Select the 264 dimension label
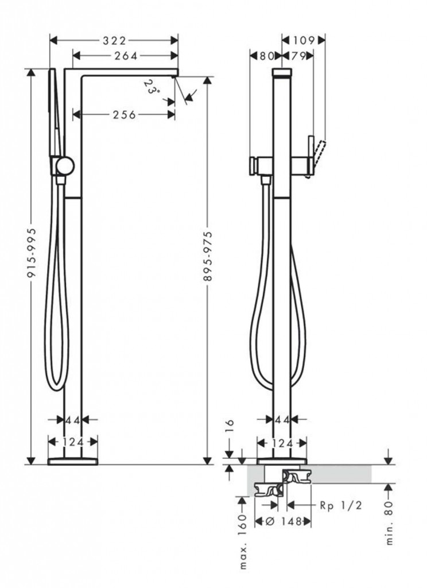pyautogui.click(x=126, y=56)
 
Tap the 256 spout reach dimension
pyautogui.click(x=125, y=114)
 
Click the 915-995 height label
pyautogui.click(x=33, y=253)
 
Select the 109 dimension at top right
pyautogui.click(x=304, y=40)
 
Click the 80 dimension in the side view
pyautogui.click(x=266, y=56)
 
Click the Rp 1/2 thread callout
pyautogui.click(x=341, y=505)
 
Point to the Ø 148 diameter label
pyautogui.click(x=284, y=521)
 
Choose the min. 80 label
pyautogui.click(x=389, y=523)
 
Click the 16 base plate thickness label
pyautogui.click(x=230, y=425)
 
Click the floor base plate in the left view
pyautogui.click(x=73, y=461)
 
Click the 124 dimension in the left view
pyautogui.click(x=73, y=442)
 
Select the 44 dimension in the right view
pyautogui.click(x=282, y=420)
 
